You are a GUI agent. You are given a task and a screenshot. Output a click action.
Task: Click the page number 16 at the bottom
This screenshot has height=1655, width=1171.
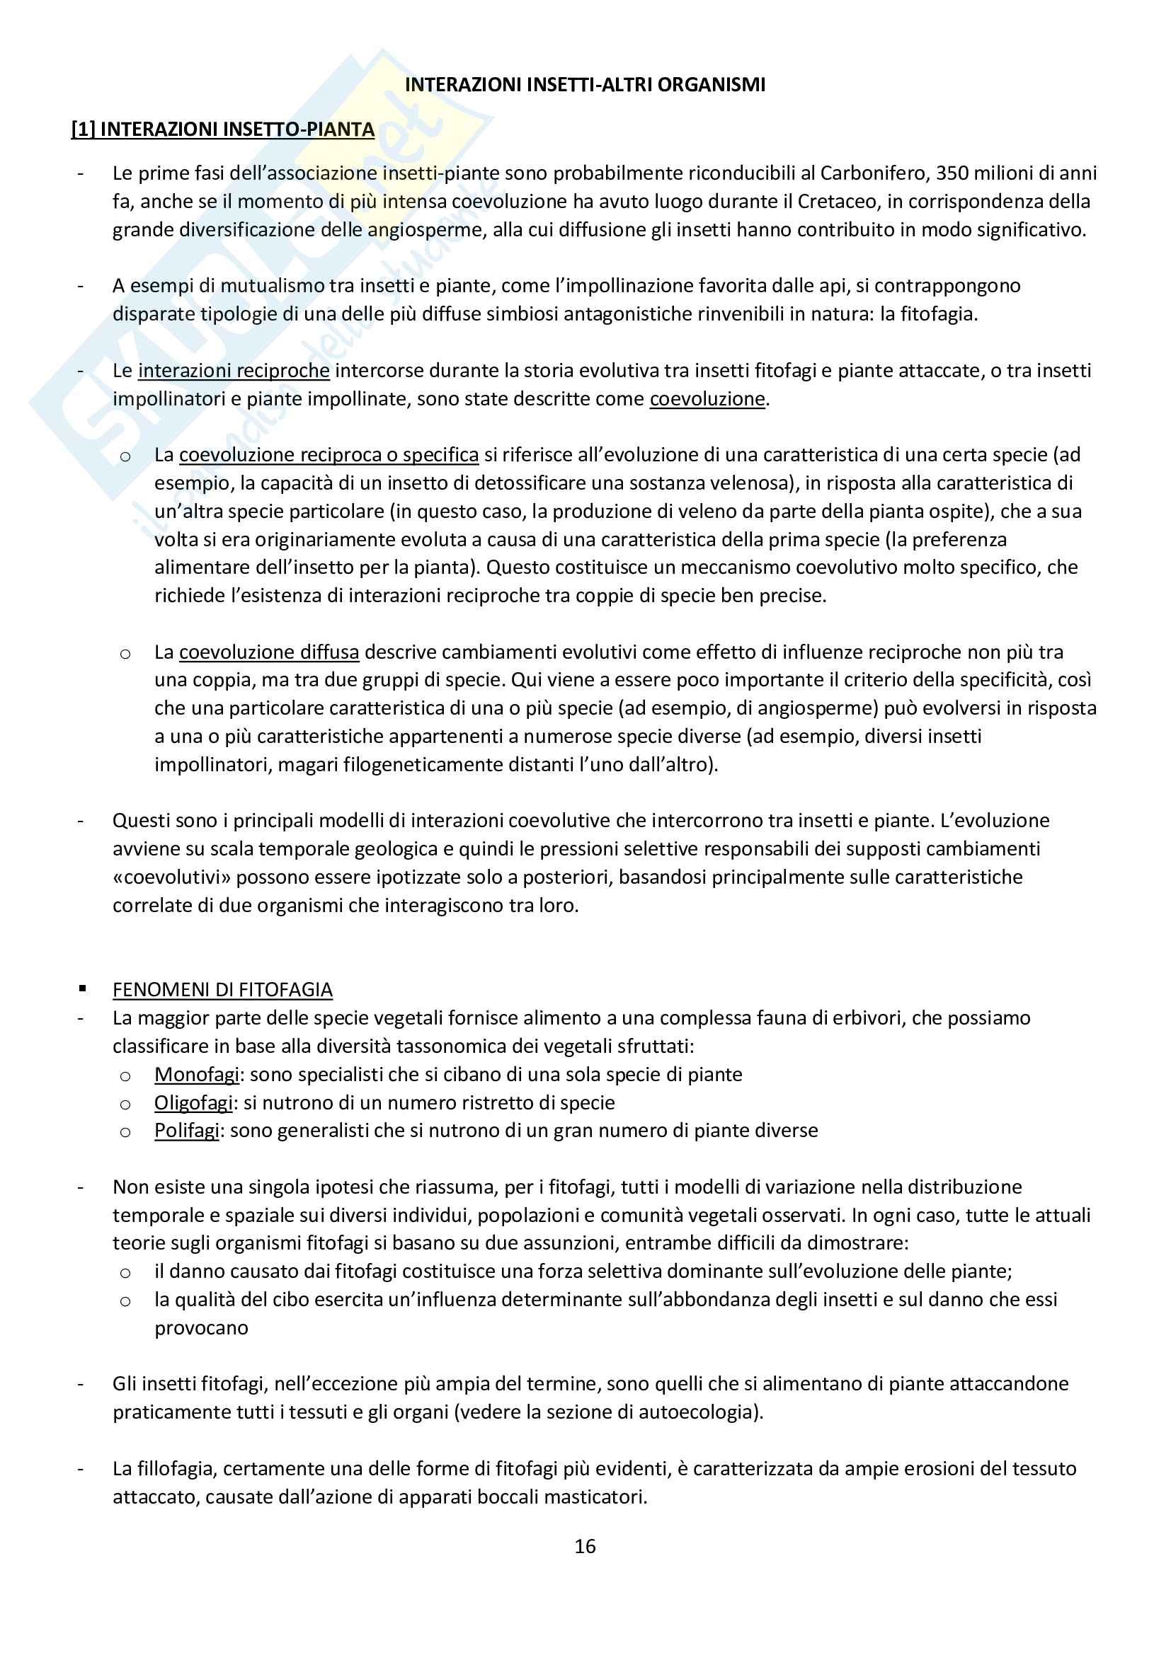pyautogui.click(x=585, y=1546)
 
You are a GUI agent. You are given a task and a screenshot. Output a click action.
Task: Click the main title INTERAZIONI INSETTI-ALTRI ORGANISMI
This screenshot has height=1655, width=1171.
pyautogui.click(x=585, y=85)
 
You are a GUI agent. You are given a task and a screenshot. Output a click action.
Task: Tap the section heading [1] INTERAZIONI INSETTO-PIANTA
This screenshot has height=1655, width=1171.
pyautogui.click(x=223, y=129)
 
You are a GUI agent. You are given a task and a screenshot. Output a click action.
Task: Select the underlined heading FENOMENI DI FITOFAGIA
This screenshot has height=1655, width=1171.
pyautogui.click(x=222, y=990)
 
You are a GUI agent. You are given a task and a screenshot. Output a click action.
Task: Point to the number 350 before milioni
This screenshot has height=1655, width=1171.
pyautogui.click(x=952, y=173)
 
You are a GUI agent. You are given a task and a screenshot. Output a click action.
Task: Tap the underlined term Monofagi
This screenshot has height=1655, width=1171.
pyautogui.click(x=196, y=1074)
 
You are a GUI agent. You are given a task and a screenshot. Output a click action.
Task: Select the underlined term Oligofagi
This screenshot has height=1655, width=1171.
pyautogui.click(x=193, y=1102)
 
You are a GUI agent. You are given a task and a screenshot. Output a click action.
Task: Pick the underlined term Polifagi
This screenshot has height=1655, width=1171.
pyautogui.click(x=186, y=1130)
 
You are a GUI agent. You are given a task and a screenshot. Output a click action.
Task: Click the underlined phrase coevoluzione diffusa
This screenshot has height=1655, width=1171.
pyautogui.click(x=269, y=652)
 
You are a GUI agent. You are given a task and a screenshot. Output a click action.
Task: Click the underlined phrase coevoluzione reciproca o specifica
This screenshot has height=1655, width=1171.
pyautogui.click(x=329, y=455)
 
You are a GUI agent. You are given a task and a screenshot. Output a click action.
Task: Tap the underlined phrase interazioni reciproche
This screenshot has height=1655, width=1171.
pyautogui.click(x=234, y=371)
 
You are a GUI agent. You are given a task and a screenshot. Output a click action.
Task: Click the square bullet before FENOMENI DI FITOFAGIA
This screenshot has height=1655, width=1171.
pyautogui.click(x=84, y=989)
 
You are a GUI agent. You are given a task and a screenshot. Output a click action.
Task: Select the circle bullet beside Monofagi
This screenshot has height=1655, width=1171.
pyautogui.click(x=125, y=1076)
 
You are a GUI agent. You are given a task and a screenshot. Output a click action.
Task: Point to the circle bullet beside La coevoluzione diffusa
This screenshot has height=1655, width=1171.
pyautogui.click(x=125, y=654)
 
